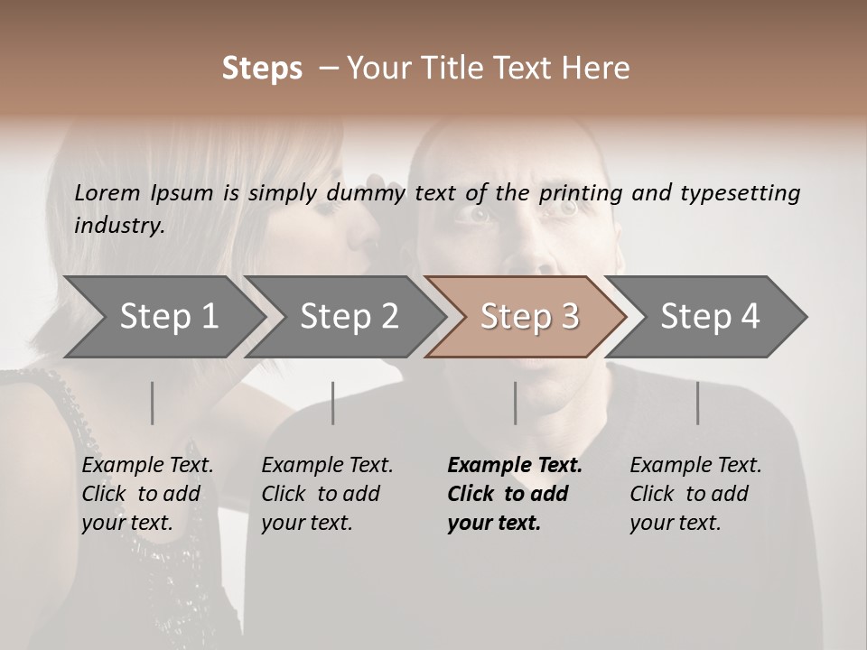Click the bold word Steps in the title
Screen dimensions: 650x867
pyautogui.click(x=262, y=69)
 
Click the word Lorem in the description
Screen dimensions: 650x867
pyautogui.click(x=107, y=192)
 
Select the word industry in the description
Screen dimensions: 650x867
pyautogui.click(x=119, y=226)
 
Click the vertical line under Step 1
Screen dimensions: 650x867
pyautogui.click(x=152, y=403)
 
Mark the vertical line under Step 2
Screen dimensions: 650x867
pyautogui.click(x=333, y=403)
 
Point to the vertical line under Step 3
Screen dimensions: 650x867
pyautogui.click(x=515, y=403)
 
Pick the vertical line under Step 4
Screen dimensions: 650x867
pyautogui.click(x=697, y=403)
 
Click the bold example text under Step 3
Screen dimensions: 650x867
pyautogui.click(x=514, y=494)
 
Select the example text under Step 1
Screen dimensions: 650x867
pyautogui.click(x=147, y=494)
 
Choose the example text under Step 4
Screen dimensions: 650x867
pyautogui.click(x=695, y=494)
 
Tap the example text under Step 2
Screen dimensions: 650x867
pyautogui.click(x=327, y=494)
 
